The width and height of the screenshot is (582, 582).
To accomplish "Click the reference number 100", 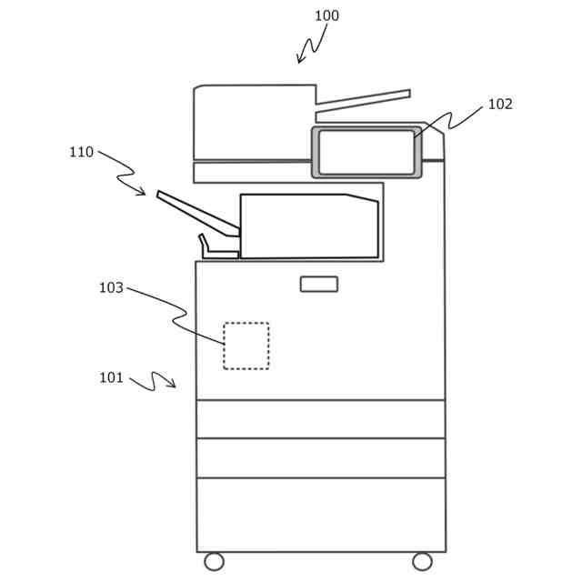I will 326,16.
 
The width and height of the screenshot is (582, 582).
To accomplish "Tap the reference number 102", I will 500,105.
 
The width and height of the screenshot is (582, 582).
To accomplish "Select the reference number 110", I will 81,153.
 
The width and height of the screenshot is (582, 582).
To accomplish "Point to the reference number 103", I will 111,288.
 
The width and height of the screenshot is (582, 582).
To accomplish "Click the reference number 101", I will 111,378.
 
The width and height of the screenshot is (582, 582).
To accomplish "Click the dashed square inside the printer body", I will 246,346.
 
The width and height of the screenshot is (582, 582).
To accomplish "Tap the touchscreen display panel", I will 366,152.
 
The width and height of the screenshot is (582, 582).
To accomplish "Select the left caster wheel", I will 214,561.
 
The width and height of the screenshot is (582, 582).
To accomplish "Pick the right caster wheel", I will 422,561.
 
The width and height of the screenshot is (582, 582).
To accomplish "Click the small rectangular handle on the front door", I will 319,284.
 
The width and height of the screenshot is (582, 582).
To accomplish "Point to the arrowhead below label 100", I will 300,60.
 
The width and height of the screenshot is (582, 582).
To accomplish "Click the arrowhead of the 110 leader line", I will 142,193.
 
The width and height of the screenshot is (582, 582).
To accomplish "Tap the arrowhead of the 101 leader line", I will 172,386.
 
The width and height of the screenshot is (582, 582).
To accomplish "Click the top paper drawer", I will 320,419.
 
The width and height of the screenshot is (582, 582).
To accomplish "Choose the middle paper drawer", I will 320,457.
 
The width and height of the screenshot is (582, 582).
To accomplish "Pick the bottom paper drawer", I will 320,514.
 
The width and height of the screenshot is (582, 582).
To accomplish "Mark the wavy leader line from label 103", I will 177,315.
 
